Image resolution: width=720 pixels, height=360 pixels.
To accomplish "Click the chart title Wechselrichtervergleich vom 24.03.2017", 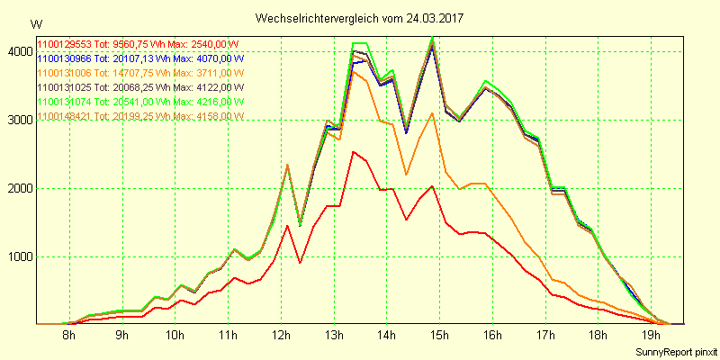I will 360,18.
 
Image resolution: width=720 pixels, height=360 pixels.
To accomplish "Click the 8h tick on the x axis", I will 68,336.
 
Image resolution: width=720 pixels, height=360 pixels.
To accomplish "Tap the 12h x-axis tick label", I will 282,336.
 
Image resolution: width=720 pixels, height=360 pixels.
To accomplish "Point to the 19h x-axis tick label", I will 652,336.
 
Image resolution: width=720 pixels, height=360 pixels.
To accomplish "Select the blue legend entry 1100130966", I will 139,58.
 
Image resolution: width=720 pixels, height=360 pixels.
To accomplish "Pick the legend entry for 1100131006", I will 139,73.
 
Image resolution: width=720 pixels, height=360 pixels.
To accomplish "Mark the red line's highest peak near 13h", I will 354,152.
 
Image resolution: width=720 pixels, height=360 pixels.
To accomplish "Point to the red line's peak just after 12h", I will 287,225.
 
